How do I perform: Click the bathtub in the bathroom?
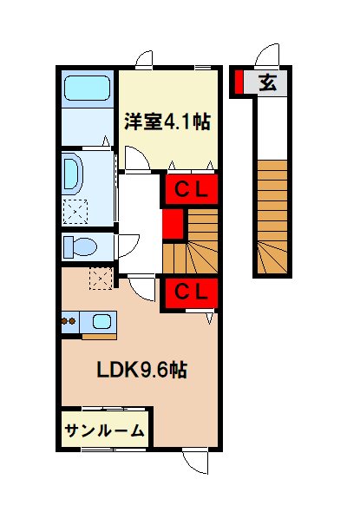click(x=86, y=89)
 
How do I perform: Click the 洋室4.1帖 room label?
click(x=168, y=122)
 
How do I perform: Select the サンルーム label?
click(x=103, y=429)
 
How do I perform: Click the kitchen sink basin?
click(x=101, y=322)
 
